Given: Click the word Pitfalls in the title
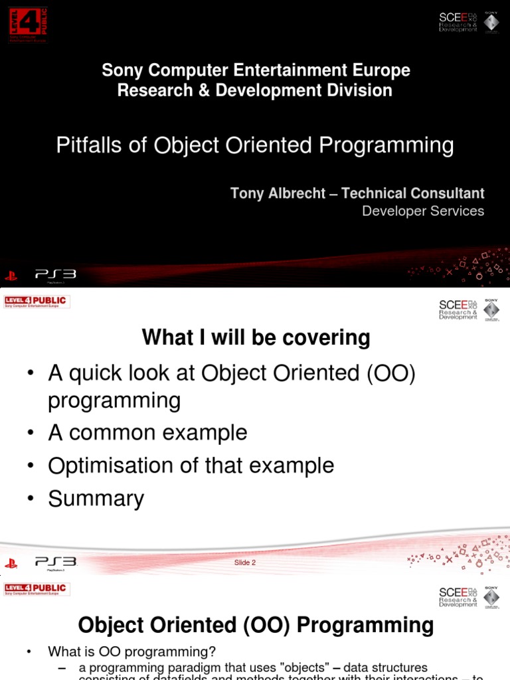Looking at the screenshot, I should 89,145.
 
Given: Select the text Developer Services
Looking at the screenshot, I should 423,211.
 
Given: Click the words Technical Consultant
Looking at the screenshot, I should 412,193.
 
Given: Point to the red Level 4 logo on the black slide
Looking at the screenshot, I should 28,25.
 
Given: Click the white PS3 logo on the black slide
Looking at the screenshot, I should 56,274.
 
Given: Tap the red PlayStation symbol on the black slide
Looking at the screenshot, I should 11,275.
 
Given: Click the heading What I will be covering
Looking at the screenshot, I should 256,338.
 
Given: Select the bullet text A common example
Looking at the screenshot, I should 147,432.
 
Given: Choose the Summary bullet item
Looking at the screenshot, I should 96,498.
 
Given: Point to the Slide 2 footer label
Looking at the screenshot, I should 244,562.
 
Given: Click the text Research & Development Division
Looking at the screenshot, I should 255,90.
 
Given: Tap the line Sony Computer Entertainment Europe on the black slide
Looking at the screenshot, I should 256,70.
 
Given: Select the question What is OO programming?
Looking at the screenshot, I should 131,651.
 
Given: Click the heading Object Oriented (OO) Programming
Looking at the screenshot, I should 256,625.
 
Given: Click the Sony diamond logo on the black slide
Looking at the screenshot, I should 491,21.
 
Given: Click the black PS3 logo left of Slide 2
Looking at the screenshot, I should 56,562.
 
